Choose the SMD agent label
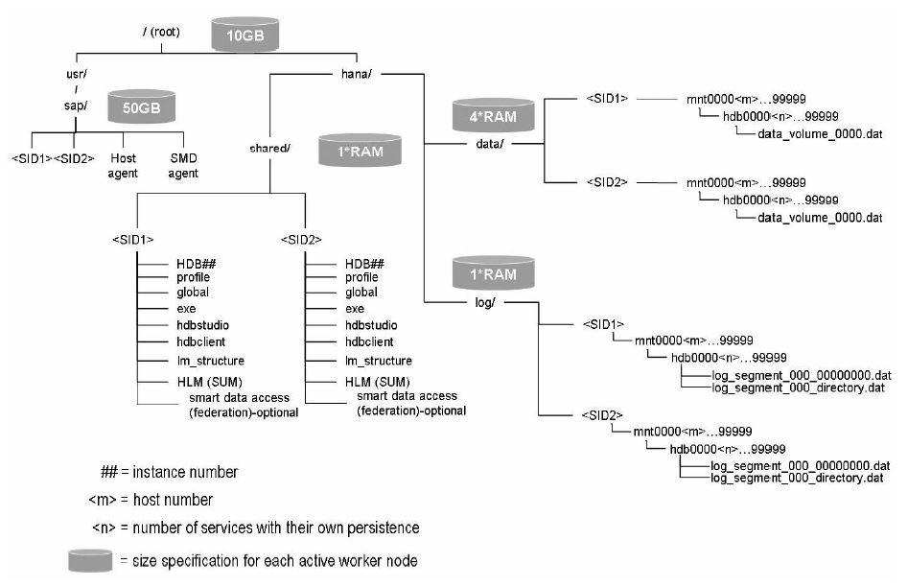pos(183,166)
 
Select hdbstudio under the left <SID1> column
pos(202,325)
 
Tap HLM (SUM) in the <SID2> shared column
pos(377,380)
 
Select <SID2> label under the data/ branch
pos(607,181)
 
